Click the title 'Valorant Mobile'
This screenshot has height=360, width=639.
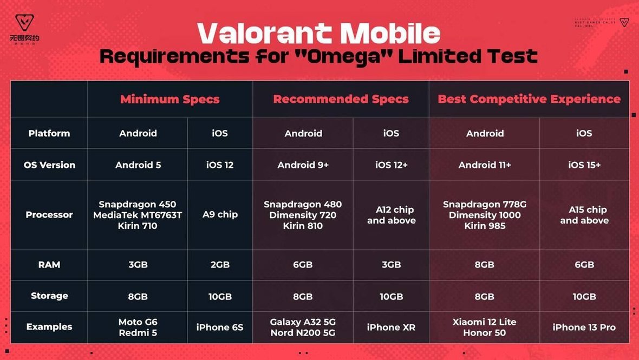319,34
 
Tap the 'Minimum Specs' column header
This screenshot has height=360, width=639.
169,99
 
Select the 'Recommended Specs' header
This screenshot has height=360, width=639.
341,99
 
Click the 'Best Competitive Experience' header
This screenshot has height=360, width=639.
529,99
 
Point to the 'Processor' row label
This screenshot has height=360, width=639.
49,215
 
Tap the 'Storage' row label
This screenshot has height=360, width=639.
49,296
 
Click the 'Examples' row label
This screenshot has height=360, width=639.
49,327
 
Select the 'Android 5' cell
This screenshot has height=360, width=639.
138,165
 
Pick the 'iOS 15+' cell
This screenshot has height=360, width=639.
584,165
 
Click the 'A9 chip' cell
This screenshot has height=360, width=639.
220,215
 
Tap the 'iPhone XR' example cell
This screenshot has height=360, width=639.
391,328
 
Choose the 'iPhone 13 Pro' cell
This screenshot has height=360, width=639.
584,328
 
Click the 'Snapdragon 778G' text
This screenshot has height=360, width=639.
485,205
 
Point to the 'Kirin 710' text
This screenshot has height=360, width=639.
138,226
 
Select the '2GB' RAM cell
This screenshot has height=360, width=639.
220,265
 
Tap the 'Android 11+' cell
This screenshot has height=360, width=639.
485,165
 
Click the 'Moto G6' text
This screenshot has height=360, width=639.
138,322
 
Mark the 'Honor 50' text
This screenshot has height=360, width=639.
485,333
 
